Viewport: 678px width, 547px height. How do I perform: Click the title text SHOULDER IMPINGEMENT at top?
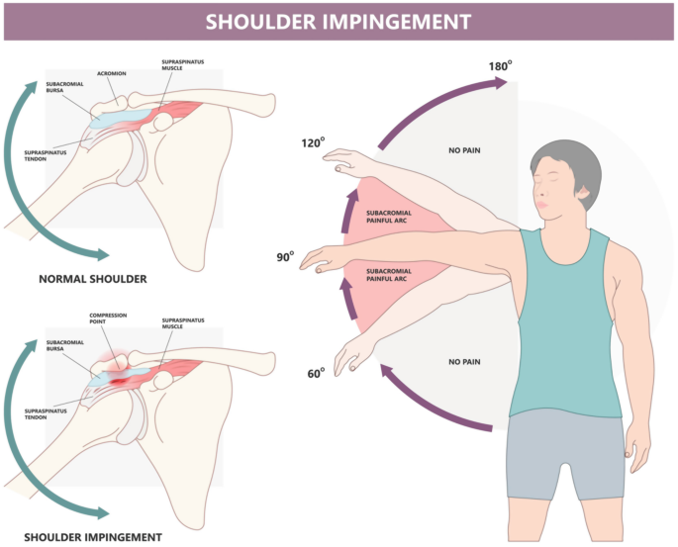coord(339,21)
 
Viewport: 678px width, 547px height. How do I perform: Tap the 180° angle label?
coord(500,67)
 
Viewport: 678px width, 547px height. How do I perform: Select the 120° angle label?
coord(314,143)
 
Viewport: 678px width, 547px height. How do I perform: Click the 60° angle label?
coord(317,373)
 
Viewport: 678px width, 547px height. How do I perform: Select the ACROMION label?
coord(112,72)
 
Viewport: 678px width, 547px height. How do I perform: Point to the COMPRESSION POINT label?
coord(108,319)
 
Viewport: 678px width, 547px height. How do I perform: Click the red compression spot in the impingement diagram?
coord(121,376)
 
